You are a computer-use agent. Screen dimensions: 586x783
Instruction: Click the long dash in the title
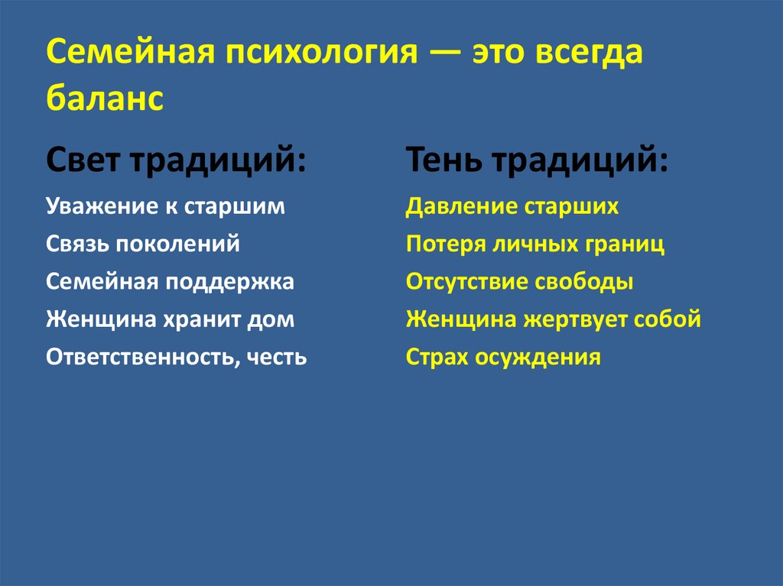click(443, 55)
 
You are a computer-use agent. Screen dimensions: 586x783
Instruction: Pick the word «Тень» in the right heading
click(447, 162)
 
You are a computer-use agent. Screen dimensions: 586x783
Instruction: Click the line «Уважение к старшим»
click(165, 207)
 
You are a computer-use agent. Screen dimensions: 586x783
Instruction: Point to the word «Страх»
click(437, 358)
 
